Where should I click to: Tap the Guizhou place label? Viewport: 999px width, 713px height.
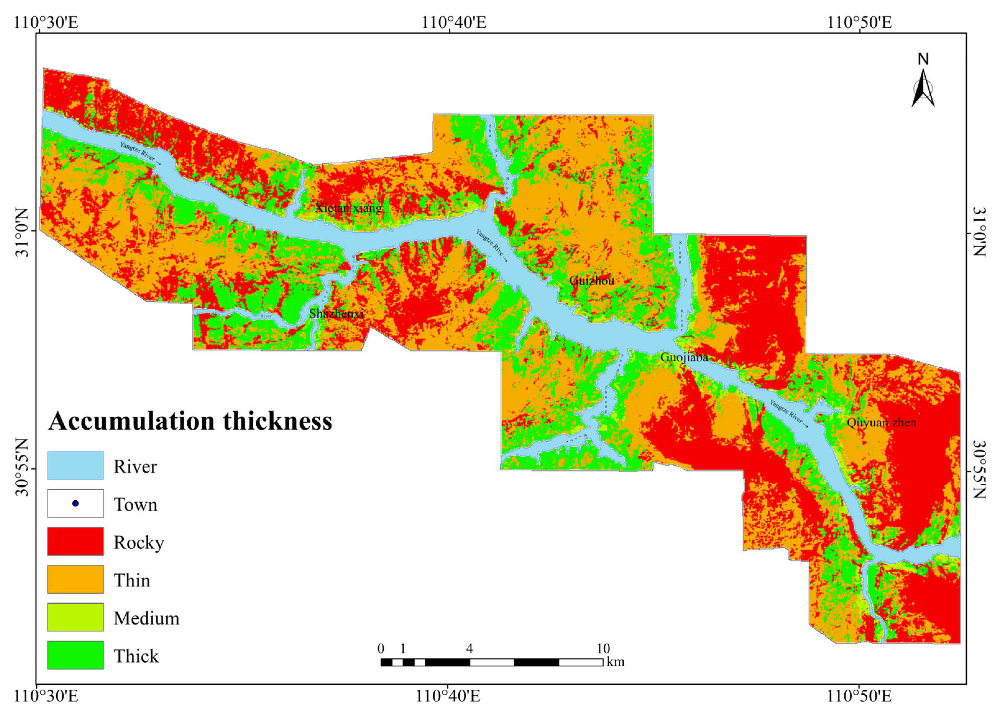pyautogui.click(x=592, y=281)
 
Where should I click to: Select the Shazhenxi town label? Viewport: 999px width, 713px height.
pyautogui.click(x=337, y=313)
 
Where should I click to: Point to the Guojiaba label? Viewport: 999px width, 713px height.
pyautogui.click(x=684, y=357)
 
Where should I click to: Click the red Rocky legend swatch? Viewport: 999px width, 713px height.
pyautogui.click(x=76, y=541)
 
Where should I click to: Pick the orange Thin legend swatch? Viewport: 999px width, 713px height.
pyautogui.click(x=76, y=579)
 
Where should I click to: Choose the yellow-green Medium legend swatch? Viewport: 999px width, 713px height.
pyautogui.click(x=76, y=617)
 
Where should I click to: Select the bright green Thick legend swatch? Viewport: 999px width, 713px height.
pyautogui.click(x=76, y=655)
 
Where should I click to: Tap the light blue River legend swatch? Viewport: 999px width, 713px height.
pyautogui.click(x=76, y=465)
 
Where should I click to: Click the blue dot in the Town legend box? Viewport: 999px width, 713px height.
pyautogui.click(x=76, y=503)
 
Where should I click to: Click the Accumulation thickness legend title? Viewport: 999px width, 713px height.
pyautogui.click(x=190, y=421)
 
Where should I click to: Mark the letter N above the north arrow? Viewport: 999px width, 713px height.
pyautogui.click(x=923, y=59)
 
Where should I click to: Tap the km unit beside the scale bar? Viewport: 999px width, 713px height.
pyautogui.click(x=615, y=662)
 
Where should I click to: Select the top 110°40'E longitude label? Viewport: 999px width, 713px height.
pyautogui.click(x=454, y=22)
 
